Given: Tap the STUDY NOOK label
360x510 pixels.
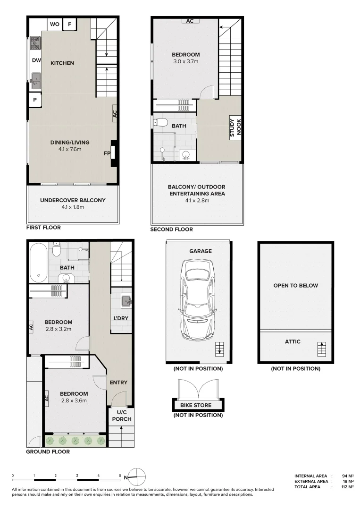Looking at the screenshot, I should [x=235, y=127].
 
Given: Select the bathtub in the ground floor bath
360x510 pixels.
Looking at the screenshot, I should [x=37, y=262].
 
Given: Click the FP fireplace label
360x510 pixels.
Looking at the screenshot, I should [x=107, y=153].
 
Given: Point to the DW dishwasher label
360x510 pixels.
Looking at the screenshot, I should [x=36, y=60].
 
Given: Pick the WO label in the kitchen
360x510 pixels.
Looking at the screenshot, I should [x=54, y=24].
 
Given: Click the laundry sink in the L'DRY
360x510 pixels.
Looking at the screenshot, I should [x=125, y=300].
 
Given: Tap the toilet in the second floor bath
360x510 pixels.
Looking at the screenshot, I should [x=161, y=123].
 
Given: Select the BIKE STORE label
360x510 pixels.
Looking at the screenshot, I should [x=196, y=405].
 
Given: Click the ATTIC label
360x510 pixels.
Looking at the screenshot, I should [x=293, y=341].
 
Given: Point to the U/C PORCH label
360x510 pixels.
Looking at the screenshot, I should [x=121, y=416].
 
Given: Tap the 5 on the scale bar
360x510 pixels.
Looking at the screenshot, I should [x=120, y=476].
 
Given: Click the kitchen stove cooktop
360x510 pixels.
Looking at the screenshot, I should [x=35, y=44].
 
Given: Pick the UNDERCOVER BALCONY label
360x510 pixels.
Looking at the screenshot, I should [x=73, y=200].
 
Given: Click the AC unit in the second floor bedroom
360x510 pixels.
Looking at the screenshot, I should [x=190, y=21].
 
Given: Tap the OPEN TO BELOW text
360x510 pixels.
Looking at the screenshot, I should [x=295, y=286].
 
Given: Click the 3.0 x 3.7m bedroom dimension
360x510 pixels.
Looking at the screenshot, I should [x=185, y=61].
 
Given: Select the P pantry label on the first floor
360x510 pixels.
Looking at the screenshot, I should [x=35, y=100].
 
